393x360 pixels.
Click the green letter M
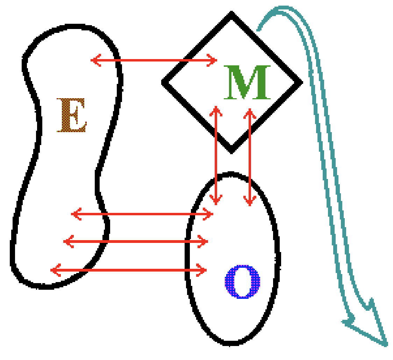click(x=247, y=82)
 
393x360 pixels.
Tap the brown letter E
click(x=72, y=115)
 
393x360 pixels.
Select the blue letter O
click(x=242, y=282)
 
